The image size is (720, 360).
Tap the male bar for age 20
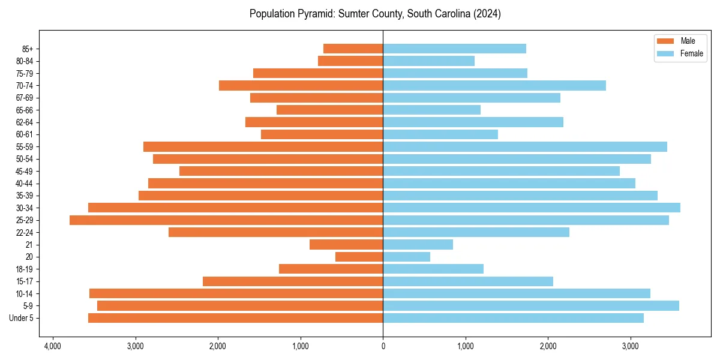coord(359,257)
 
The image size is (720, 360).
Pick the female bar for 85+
coord(454,49)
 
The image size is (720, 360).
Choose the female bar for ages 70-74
coord(494,85)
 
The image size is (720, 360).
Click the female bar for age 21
coord(418,244)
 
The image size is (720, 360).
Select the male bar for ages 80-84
coord(350,61)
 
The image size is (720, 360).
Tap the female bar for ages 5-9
coord(531,305)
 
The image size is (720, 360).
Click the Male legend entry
coord(688,41)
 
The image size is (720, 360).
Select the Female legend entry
coord(691,53)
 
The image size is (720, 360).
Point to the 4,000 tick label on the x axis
coord(53,346)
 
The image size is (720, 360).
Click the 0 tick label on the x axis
coord(383,346)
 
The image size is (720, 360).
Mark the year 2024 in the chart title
coord(486,14)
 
